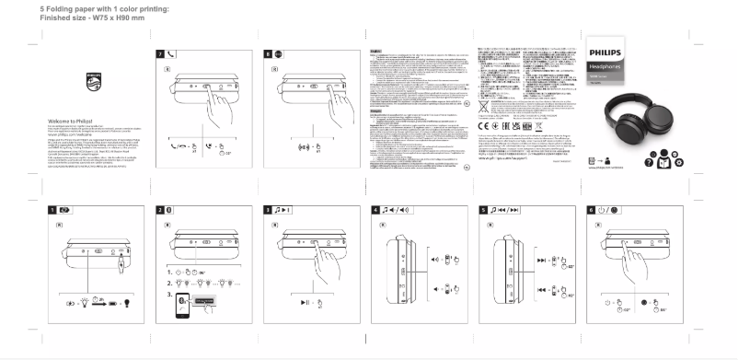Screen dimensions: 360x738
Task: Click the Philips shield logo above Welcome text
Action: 90,80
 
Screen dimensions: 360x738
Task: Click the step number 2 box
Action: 160,210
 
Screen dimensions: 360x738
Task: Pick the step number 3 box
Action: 268,210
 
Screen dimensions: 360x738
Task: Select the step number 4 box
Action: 376,210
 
